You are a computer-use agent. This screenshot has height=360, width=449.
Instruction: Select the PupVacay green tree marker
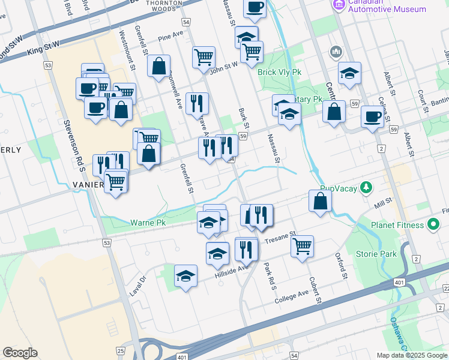click(x=364, y=188)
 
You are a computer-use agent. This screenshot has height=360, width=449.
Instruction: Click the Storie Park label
click(x=376, y=254)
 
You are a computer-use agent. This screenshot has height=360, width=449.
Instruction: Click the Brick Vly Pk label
click(x=279, y=72)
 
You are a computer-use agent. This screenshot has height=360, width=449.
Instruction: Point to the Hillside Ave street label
click(x=231, y=273)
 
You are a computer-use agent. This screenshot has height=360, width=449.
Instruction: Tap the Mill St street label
click(x=382, y=201)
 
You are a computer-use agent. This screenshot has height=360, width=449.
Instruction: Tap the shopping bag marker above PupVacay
click(x=321, y=200)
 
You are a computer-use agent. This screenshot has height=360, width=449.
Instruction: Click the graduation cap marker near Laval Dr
click(x=185, y=276)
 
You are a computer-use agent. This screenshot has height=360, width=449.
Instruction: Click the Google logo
click(x=20, y=353)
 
